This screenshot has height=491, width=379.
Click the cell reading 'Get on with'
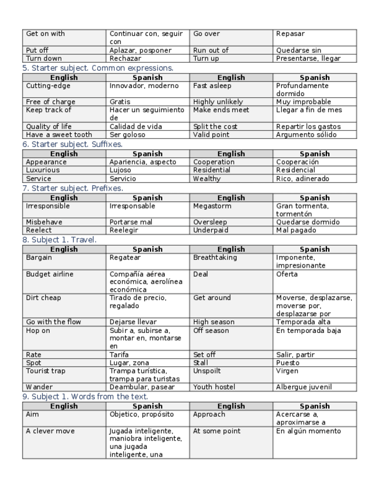pos(46,34)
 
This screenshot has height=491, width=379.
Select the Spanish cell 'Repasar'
pos(290,34)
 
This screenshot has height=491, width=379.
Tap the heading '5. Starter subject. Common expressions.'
pos(98,68)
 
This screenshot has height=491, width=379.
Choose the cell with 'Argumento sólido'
pos(306,134)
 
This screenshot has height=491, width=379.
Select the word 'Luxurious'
pos(43,170)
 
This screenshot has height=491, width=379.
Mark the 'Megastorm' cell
pos(212,206)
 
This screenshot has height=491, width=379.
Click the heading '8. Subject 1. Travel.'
pos(60,239)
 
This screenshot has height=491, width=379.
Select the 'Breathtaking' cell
pos(215,258)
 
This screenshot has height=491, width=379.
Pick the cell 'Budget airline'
pos(50,274)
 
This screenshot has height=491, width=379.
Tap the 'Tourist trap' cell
pos(46,371)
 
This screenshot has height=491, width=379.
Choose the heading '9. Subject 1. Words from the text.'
pos(85,397)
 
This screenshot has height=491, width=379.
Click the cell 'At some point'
pos(216,431)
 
